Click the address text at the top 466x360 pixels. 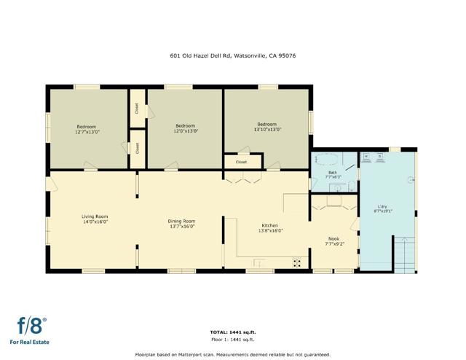232,55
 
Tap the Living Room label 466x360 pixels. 95,216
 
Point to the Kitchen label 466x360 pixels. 269,226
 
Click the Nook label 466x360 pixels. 334,238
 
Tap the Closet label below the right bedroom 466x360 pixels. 241,162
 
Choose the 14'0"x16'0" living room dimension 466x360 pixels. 95,222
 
